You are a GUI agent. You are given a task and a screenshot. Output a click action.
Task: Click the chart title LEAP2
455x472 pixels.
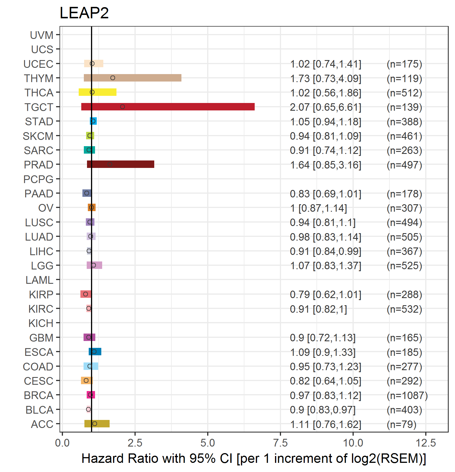[x=84, y=13]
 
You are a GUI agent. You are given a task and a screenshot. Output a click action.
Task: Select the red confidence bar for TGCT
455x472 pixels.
[x=168, y=107]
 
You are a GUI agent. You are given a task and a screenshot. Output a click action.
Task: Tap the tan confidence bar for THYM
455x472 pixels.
[x=132, y=78]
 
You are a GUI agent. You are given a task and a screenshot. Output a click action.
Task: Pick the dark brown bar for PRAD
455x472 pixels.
[x=120, y=164]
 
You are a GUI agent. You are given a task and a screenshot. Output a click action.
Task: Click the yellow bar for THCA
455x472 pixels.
[x=98, y=92]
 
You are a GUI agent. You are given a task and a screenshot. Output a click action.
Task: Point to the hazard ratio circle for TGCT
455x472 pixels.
[x=122, y=107]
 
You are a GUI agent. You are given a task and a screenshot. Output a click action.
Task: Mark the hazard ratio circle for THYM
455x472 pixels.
[x=113, y=78]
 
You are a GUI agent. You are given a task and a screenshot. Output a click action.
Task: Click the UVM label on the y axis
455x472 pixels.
[x=42, y=35]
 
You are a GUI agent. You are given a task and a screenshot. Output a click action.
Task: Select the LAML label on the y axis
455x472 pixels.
[x=39, y=280]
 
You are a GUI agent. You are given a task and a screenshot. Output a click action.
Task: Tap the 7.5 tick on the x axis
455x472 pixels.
[x=280, y=443]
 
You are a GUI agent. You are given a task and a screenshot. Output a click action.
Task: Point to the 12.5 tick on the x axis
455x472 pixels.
[x=426, y=443]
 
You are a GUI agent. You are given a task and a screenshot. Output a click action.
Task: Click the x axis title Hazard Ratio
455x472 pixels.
[x=254, y=459]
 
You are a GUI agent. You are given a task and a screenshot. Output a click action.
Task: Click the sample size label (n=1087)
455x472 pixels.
[x=407, y=396]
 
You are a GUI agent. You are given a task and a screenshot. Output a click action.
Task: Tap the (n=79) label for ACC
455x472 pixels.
[x=401, y=425]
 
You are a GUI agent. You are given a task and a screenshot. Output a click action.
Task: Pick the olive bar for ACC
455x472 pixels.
[x=97, y=424]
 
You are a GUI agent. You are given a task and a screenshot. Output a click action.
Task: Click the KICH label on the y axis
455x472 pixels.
[x=41, y=323]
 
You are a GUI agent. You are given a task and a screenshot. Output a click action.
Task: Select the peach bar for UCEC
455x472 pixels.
[x=94, y=64]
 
